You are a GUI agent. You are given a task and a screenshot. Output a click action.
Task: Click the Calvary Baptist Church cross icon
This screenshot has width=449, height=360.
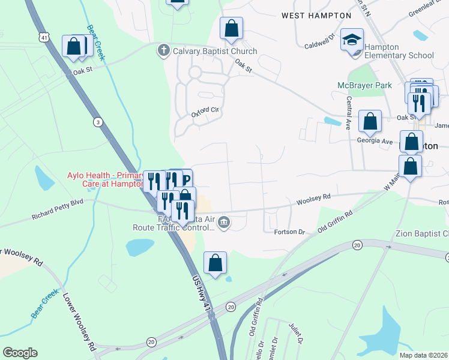click(163, 50)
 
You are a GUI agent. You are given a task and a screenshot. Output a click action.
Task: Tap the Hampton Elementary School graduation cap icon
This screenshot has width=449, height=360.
click(352, 41)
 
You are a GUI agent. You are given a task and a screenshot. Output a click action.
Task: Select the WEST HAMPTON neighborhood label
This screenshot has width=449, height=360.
click(316, 16)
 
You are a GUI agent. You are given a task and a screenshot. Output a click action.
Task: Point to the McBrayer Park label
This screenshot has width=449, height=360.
click(364, 86)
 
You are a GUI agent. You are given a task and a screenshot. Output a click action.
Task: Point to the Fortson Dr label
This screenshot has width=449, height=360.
click(290, 232)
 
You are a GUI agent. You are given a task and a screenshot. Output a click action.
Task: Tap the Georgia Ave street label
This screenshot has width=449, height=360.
click(375, 141)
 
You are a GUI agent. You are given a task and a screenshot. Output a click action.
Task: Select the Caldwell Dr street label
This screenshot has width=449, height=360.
click(319, 43)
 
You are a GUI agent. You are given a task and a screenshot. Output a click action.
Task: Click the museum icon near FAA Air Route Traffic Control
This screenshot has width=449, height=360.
click(223, 223)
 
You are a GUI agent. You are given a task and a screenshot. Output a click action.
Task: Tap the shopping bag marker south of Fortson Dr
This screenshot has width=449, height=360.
click(215, 262)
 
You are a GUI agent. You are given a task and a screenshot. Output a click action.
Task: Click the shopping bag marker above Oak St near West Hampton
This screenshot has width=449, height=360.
click(231, 28)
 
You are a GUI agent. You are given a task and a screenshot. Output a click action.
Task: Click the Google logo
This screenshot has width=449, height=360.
click(20, 353)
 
